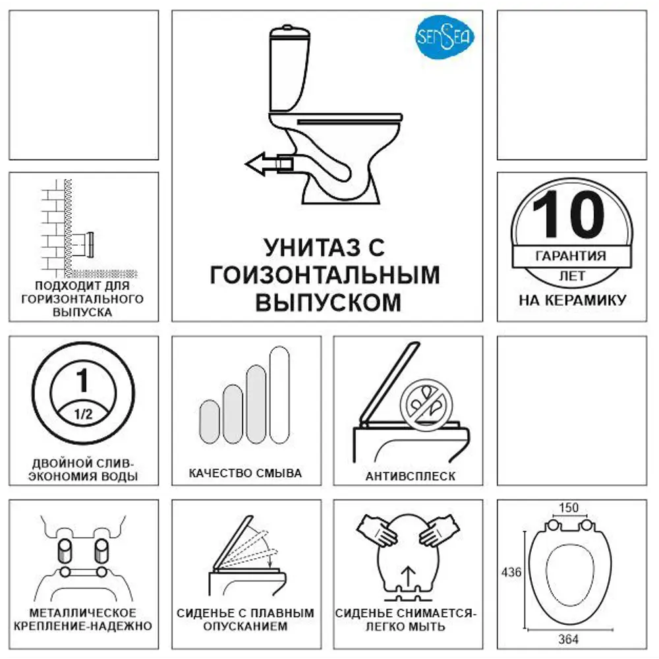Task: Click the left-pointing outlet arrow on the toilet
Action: (x=268, y=163)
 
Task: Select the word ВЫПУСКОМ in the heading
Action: (x=327, y=302)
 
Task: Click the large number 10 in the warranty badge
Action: (x=568, y=215)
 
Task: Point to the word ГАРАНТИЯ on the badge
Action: (x=571, y=256)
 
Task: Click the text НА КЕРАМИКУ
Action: (x=572, y=301)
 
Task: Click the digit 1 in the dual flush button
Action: (x=82, y=380)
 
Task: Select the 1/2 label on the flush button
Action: (x=82, y=415)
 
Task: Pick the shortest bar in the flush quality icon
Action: (x=209, y=424)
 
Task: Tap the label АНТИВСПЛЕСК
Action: (x=410, y=476)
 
